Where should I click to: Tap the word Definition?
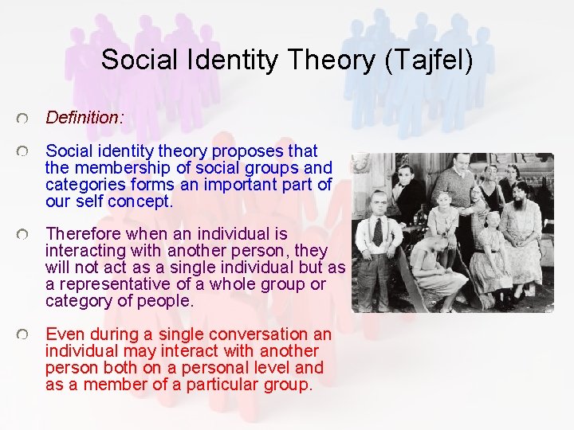(x=82, y=118)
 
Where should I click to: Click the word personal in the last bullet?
(x=207, y=368)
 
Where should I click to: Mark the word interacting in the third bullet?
(x=87, y=251)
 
